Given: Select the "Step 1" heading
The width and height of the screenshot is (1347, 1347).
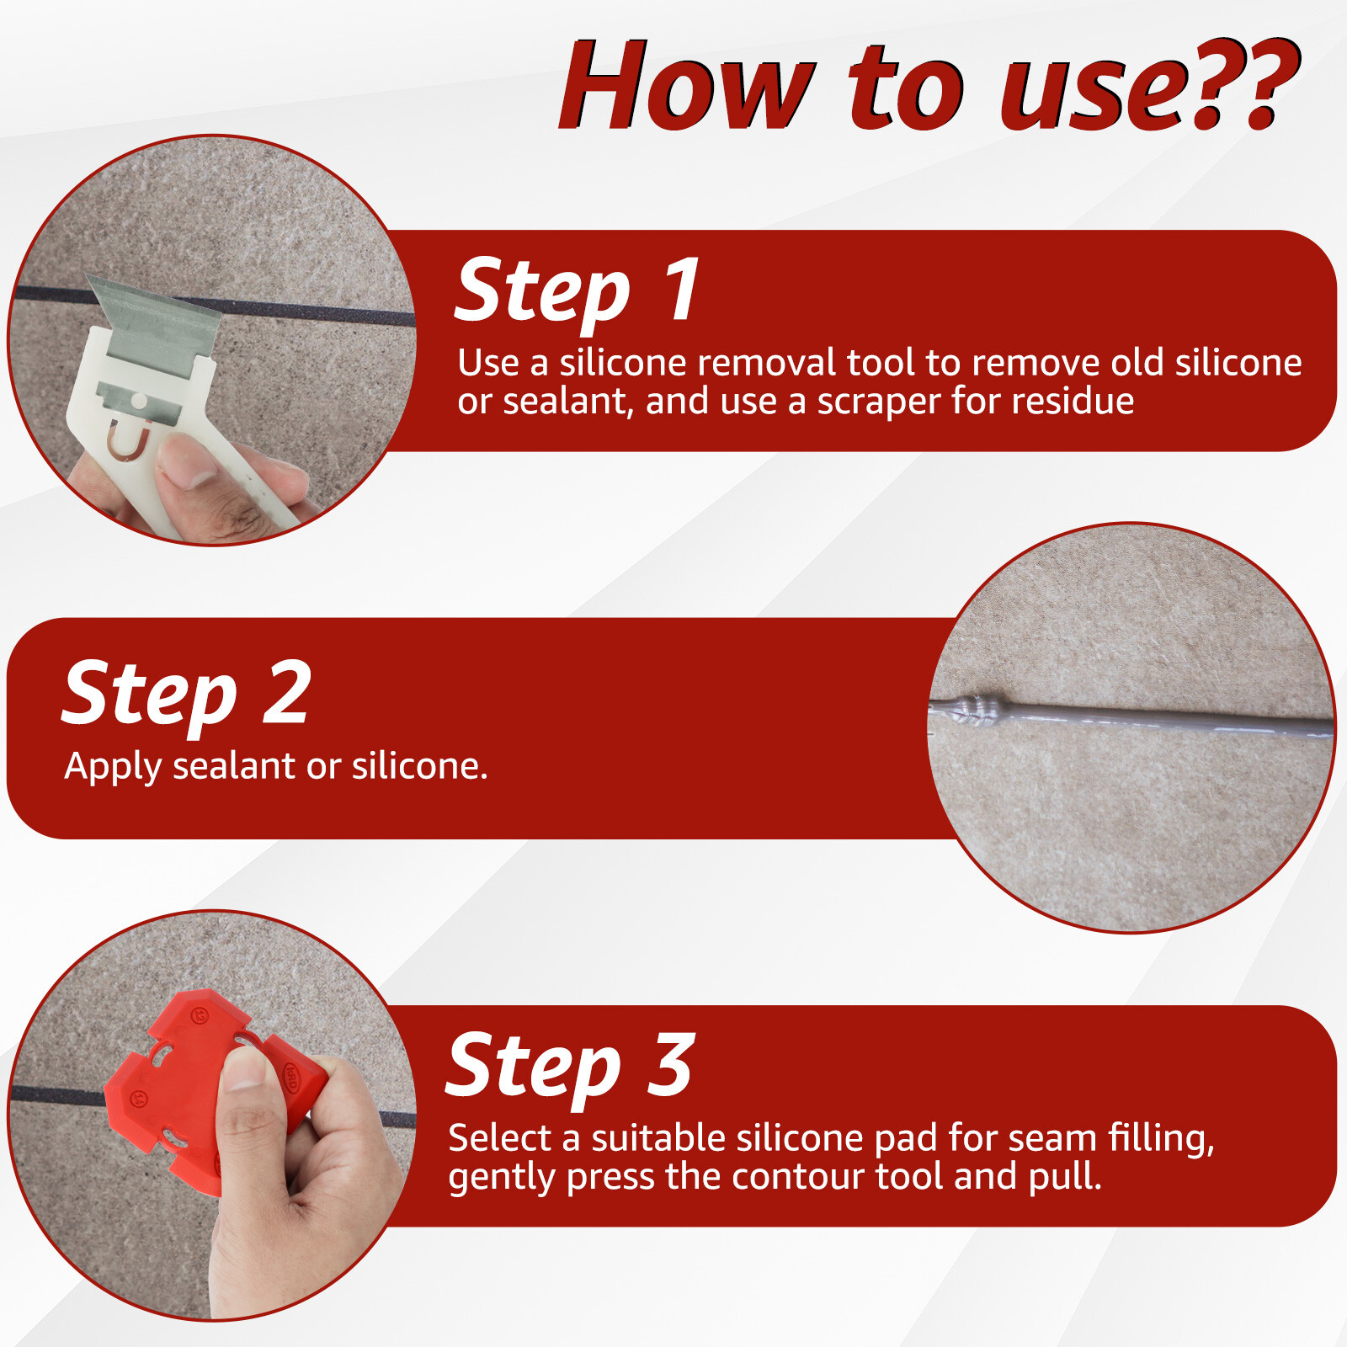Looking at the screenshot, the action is (578, 290).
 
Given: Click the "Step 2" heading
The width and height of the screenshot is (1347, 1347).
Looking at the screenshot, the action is (187, 694).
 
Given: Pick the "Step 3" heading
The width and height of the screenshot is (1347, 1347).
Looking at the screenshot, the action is (570, 1066).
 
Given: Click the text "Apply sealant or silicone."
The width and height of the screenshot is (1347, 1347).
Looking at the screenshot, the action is (276, 767).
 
